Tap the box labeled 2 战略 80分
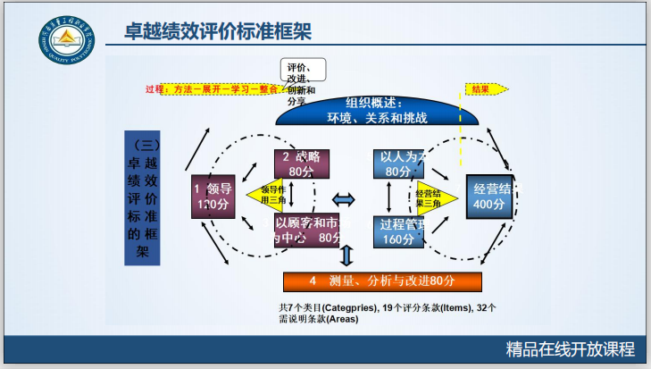302,164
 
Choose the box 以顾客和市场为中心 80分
308,231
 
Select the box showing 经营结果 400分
489,197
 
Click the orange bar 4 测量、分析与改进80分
382,281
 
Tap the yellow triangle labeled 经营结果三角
432,197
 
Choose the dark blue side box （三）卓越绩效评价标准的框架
142,197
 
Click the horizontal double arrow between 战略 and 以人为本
344,197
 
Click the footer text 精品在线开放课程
569,348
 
